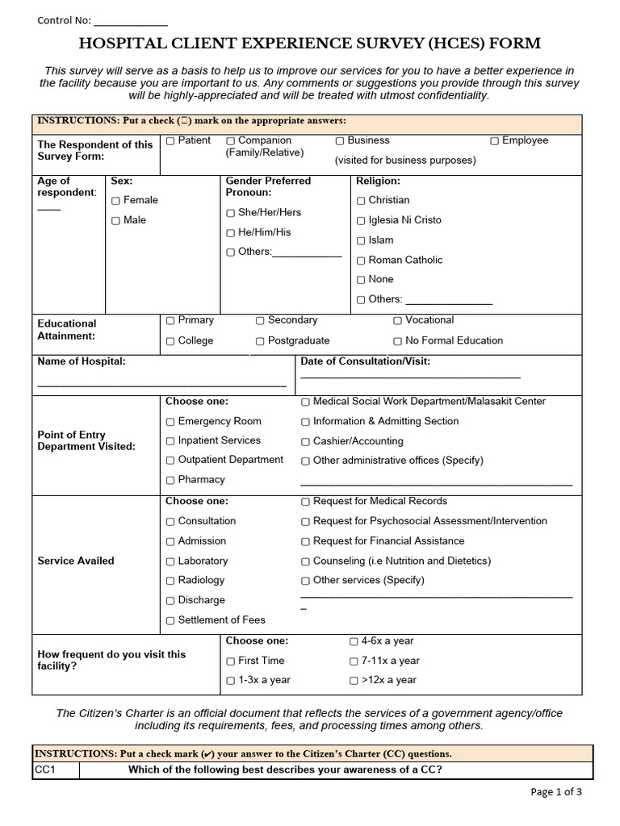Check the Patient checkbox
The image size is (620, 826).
pos(170,141)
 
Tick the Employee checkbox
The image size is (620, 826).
pos(494,141)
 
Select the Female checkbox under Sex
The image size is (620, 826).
pos(115,201)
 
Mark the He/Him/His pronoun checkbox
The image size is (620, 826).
pos(230,233)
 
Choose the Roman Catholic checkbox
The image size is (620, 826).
pos(361,261)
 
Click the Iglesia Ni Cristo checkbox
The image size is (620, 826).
pos(361,221)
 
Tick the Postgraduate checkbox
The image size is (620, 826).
pos(260,341)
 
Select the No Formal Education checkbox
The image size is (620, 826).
pos(397,341)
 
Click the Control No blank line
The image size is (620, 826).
pos(131,22)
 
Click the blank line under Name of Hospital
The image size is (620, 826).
pos(161,385)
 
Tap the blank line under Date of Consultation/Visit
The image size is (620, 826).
pos(410,376)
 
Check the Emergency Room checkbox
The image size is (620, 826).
pos(170,422)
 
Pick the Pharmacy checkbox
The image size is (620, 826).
pos(170,481)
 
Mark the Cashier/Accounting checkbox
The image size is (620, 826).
pos(305,442)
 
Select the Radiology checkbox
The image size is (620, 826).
pos(170,581)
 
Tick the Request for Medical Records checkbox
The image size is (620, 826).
pos(305,502)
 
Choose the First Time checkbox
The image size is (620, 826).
pos(230,661)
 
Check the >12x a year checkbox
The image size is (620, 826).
pos(354,681)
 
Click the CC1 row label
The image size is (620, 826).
pos(44,770)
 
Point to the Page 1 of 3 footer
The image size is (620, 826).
pos(555,792)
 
